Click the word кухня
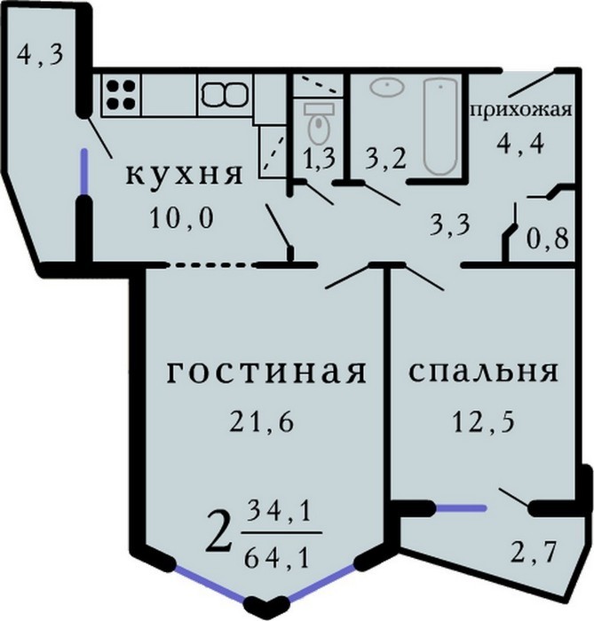[x=184, y=175]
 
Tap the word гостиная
[x=265, y=373]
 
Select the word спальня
[x=483, y=372]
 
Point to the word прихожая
[x=521, y=110]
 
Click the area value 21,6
[x=262, y=423]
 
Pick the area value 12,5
[x=483, y=423]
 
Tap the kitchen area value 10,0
[x=182, y=218]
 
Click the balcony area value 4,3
[x=40, y=55]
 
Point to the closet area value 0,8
[x=548, y=239]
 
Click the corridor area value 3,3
[x=450, y=224]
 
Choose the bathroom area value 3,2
[x=385, y=159]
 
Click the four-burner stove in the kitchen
[x=121, y=95]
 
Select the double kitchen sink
[x=226, y=95]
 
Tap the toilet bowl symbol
[x=319, y=122]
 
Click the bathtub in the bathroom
[x=440, y=126]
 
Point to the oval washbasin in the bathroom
[x=387, y=86]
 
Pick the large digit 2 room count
[x=218, y=533]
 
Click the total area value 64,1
[x=277, y=559]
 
